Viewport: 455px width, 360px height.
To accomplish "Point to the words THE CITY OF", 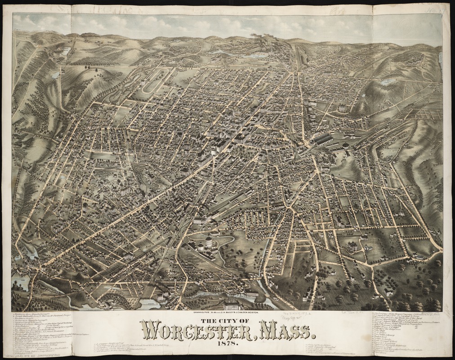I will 227,320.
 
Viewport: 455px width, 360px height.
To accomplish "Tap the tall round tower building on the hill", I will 208,243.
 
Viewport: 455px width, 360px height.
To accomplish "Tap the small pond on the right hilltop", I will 386,82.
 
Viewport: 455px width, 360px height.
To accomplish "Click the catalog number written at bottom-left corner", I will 27,355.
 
